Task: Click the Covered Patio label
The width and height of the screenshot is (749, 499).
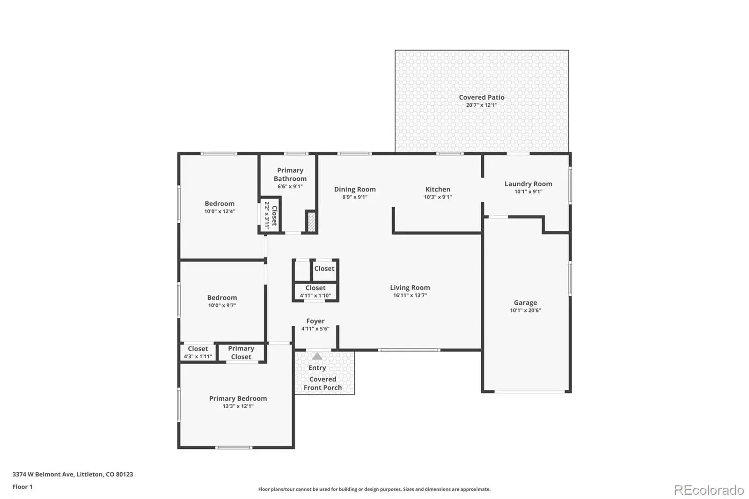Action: [x=482, y=97]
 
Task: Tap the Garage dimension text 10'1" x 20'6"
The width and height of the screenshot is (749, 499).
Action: [x=525, y=310]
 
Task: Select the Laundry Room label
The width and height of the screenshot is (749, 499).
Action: [x=529, y=184]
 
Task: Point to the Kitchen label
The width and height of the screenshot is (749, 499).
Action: [x=438, y=189]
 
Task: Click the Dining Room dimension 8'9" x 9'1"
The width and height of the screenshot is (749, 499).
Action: [x=355, y=197]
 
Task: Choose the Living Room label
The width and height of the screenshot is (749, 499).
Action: [x=410, y=287]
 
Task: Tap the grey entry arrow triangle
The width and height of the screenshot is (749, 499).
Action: [x=317, y=356]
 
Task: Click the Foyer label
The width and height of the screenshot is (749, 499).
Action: [x=316, y=321]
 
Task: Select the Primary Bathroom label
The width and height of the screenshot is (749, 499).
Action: [x=290, y=174]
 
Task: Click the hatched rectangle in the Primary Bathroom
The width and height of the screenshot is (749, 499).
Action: [x=311, y=222]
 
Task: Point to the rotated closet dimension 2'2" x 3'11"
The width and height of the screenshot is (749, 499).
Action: [x=267, y=216]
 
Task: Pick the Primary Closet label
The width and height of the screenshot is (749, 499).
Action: [x=241, y=352]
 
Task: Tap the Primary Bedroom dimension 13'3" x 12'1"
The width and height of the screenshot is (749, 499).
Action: [x=238, y=406]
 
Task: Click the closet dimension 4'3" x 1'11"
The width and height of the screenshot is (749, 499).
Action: [x=198, y=357]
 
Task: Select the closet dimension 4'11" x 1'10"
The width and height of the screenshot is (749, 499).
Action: [x=316, y=296]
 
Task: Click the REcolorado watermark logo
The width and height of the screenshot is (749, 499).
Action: [x=709, y=490]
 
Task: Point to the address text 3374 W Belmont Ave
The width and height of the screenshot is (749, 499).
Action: [x=43, y=474]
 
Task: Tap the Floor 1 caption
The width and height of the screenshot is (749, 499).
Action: [x=22, y=487]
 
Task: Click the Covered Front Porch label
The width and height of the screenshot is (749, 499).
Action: [x=323, y=383]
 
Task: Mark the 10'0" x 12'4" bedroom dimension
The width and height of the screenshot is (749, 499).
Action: [x=220, y=212]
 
